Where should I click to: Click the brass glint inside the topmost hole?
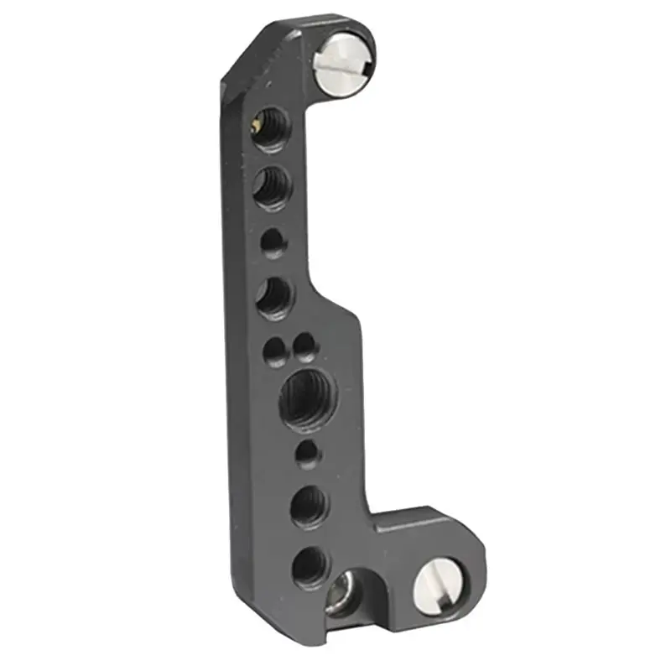click(x=254, y=128)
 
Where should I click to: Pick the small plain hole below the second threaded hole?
click(x=272, y=243)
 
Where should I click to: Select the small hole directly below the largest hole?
click(x=308, y=453)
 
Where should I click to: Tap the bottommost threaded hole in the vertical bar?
click(x=309, y=566)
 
